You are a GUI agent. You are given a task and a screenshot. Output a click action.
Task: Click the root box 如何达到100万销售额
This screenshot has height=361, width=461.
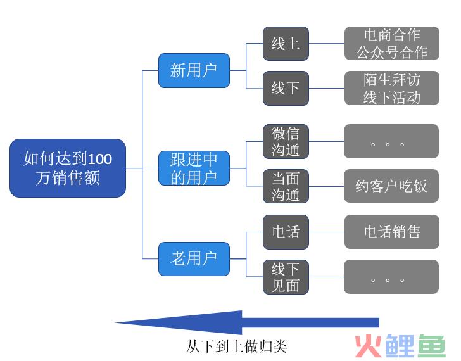pyautogui.click(x=68, y=168)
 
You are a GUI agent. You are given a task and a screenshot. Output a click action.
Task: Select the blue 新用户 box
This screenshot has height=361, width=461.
pyautogui.click(x=194, y=70)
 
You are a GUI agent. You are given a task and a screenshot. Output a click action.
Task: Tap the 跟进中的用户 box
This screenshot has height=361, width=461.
pyautogui.click(x=194, y=168)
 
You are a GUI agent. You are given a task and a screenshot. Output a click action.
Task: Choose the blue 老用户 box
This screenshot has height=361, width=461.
pyautogui.click(x=194, y=259)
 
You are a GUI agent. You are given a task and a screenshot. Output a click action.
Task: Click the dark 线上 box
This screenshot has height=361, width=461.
pyautogui.click(x=286, y=44)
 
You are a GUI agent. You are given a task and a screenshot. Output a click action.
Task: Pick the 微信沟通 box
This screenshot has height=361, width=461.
pyautogui.click(x=286, y=141)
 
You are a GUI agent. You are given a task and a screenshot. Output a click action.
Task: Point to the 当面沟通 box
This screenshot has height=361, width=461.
pyautogui.click(x=286, y=186)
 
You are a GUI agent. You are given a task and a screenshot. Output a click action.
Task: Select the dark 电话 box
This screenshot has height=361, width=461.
pyautogui.click(x=286, y=232)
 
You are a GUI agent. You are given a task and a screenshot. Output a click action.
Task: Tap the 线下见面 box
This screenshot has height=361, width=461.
pyautogui.click(x=286, y=277)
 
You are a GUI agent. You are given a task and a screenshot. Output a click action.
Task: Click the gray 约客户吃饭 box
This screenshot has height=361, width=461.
pyautogui.click(x=391, y=186)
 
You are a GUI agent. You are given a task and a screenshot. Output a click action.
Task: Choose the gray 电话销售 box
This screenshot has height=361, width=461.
pyautogui.click(x=392, y=232)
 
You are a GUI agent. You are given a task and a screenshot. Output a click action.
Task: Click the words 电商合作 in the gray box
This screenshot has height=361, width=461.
pyautogui.click(x=392, y=35)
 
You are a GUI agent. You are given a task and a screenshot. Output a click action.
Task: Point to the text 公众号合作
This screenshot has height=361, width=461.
pyautogui.click(x=392, y=53)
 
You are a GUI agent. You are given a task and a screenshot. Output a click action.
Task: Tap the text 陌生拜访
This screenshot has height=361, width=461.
pyautogui.click(x=392, y=80)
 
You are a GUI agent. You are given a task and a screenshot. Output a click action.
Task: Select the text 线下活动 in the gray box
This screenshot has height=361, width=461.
pyautogui.click(x=392, y=97)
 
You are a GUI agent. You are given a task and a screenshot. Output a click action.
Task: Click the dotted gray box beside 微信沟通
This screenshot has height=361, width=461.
pyautogui.click(x=391, y=141)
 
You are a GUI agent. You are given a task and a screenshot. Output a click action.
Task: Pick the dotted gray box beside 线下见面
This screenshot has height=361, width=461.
pyautogui.click(x=391, y=277)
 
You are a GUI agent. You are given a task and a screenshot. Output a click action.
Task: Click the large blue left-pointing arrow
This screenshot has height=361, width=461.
pyautogui.click(x=247, y=322)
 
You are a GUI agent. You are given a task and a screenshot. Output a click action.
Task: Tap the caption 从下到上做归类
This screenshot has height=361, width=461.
pyautogui.click(x=237, y=346)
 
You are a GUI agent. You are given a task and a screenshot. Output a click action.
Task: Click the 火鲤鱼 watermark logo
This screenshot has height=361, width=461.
pyautogui.click(x=400, y=346)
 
